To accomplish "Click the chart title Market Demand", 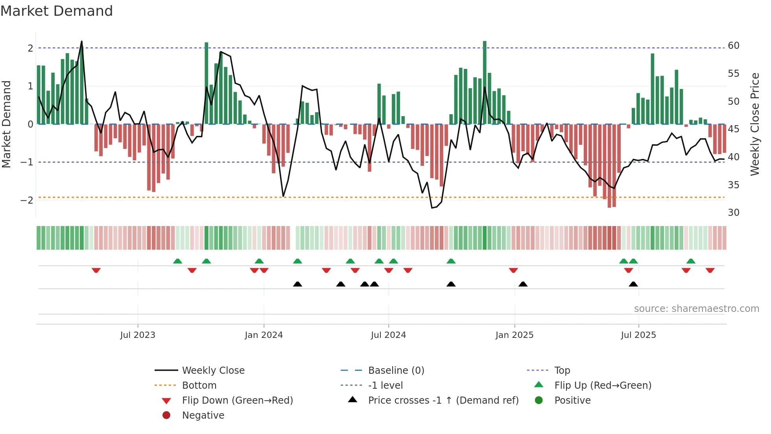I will [x=57, y=11].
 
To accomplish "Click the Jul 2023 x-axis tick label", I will [x=138, y=335].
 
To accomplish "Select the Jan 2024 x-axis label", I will [x=264, y=335].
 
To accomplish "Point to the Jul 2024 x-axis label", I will [x=388, y=335].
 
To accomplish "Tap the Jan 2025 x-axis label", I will [x=514, y=335].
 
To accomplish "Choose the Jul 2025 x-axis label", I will [x=638, y=335].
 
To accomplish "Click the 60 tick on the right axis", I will [x=733, y=46].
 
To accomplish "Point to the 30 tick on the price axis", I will [x=733, y=213].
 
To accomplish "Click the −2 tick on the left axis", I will [x=27, y=200].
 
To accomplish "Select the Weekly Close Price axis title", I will [x=754, y=124].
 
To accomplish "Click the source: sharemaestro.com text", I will [x=696, y=309].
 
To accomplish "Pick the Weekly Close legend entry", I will [x=213, y=371].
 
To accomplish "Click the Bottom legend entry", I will [x=199, y=386].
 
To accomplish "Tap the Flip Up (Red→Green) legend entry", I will [x=603, y=386].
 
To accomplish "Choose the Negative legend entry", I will [x=203, y=415].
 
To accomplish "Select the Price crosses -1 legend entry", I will [x=443, y=401].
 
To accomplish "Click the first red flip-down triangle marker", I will [x=96, y=270].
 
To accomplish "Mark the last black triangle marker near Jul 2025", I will [x=633, y=284].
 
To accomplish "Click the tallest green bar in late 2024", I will [x=485, y=83].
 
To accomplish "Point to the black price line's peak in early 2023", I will [x=81, y=41].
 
